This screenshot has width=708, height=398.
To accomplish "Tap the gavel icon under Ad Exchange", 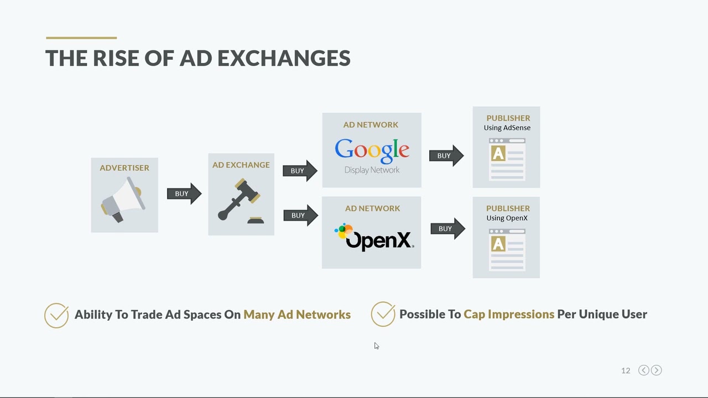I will point(240,200).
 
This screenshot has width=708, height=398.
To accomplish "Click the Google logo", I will point(372,150).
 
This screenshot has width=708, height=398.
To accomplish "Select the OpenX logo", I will point(374,238).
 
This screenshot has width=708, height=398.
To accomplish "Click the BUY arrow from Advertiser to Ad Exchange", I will point(184,193).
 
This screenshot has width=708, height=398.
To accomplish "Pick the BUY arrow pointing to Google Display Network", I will point(299,171).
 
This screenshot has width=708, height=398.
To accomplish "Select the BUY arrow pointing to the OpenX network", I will point(300,215).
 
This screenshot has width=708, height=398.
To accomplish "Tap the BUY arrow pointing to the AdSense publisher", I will point(446,156).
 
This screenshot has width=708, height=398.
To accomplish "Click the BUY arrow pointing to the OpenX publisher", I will point(447,228).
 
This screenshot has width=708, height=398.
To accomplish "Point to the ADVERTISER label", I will point(124,167).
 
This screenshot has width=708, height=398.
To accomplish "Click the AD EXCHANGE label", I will point(241,165).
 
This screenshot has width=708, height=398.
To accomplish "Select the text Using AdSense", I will point(507,128).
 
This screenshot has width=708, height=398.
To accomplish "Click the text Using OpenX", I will point(507,218).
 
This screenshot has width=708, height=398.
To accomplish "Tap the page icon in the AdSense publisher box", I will point(507,159).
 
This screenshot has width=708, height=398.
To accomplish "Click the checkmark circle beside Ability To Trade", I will point(56,315).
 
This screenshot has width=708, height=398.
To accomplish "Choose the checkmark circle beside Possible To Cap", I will point(383,314).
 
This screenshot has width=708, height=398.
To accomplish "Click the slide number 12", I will point(626,370).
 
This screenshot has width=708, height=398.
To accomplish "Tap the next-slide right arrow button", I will point(657,370).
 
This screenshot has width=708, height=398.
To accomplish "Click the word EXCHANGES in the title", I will point(284,58).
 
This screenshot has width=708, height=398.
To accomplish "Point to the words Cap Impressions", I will point(509,314).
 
